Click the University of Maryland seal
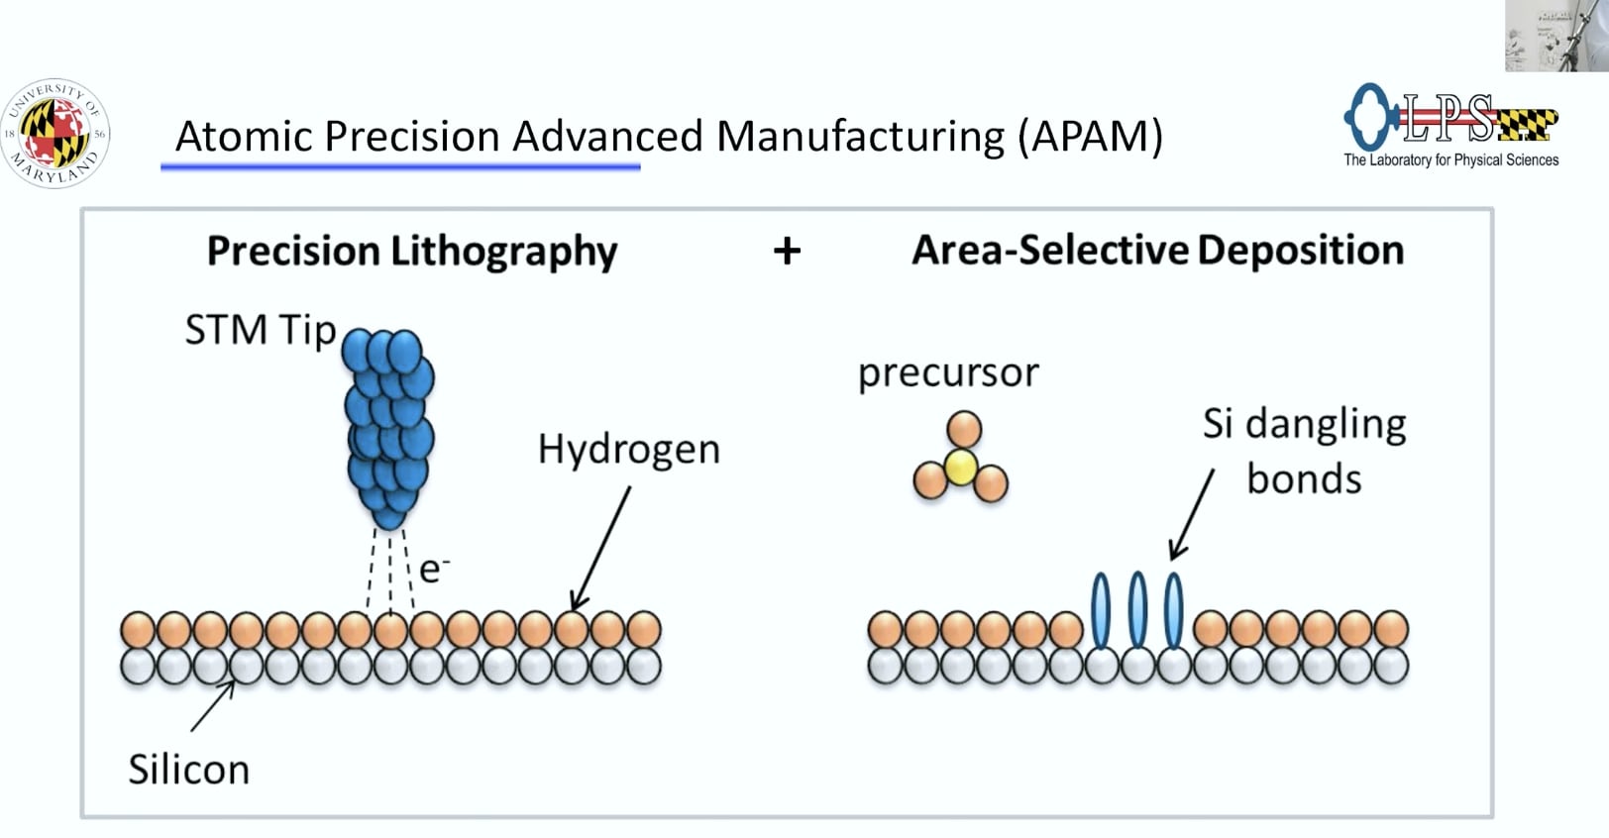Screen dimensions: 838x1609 pos(55,134)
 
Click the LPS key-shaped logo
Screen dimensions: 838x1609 pos(1449,117)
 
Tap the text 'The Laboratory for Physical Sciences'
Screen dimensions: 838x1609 pos(1450,159)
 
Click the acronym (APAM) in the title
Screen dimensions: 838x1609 pos(1091,136)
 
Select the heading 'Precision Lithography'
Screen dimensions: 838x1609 pos(411,251)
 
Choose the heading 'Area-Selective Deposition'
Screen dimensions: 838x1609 pos(1157,251)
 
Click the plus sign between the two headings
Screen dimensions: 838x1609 pos(787,251)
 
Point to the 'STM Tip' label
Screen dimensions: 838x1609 pos(261,330)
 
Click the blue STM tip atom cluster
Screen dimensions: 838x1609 pos(390,427)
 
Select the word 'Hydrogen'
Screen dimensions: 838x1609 pos(628,450)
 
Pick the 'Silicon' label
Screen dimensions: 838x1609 pos(188,770)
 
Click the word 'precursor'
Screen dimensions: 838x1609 pos(948,373)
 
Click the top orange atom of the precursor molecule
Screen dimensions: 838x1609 pos(964,431)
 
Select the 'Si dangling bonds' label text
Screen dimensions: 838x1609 pos(1304,451)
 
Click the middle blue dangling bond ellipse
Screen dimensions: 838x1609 pos(1137,609)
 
